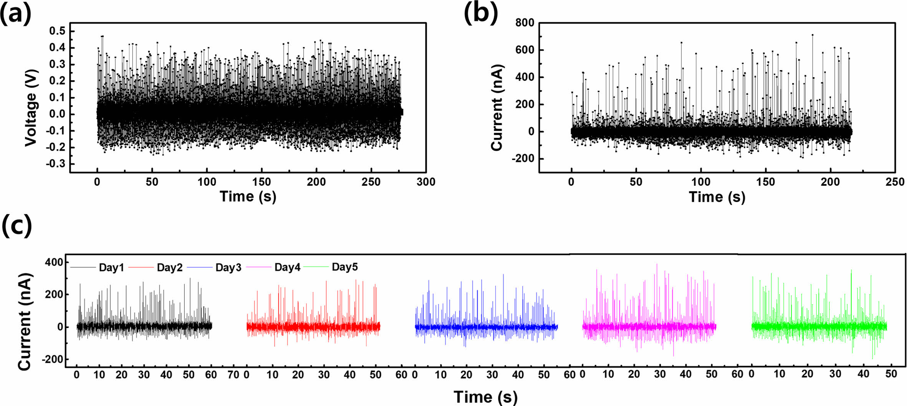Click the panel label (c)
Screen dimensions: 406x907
click(17, 226)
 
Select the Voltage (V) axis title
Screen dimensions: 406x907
click(31, 108)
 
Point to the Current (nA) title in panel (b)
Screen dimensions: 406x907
click(497, 108)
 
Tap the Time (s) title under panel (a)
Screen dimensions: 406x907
click(248, 196)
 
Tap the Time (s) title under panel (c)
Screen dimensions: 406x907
click(485, 397)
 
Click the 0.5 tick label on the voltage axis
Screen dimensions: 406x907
click(57, 31)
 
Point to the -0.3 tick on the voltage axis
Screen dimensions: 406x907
click(55, 164)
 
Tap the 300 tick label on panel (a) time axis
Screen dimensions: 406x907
click(426, 182)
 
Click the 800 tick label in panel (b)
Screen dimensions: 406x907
click(525, 23)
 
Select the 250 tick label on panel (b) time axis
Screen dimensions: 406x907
click(895, 182)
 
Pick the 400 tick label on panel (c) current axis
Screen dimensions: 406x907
click(54, 262)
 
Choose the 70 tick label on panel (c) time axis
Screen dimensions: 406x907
click(233, 375)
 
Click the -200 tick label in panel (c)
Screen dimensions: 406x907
click(51, 360)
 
